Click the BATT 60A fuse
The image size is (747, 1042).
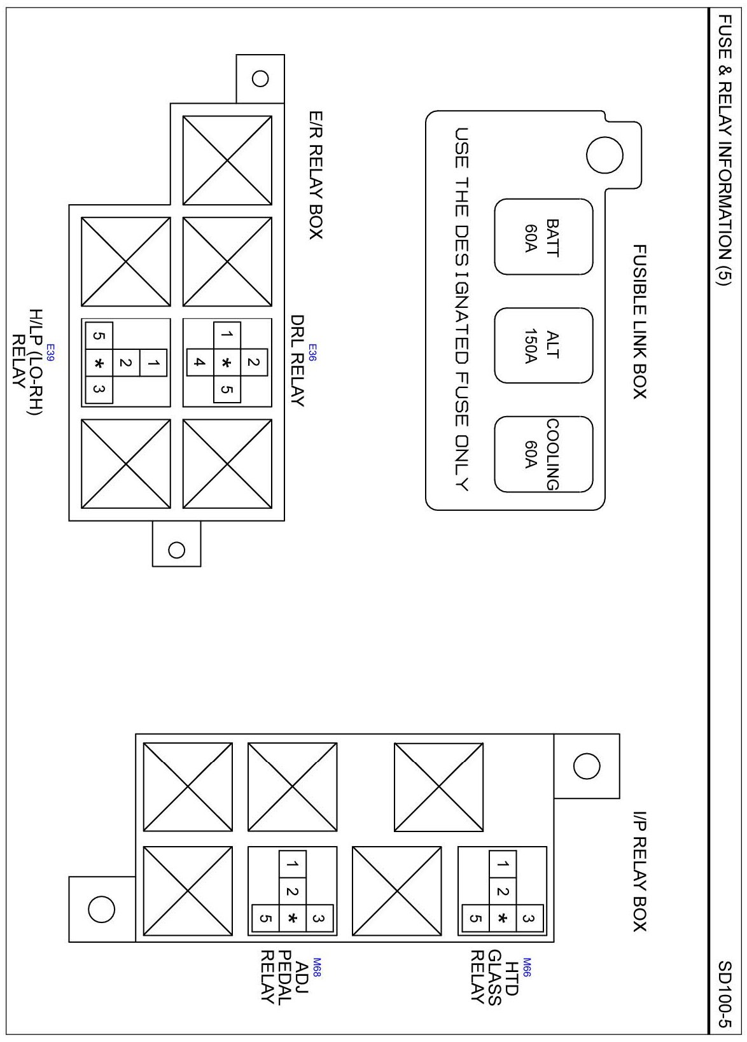pos(543,237)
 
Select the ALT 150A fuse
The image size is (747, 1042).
pos(543,345)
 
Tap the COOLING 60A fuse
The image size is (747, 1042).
pos(543,454)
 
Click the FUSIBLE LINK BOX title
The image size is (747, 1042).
pos(639,321)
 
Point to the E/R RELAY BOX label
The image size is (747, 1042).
pos(316,175)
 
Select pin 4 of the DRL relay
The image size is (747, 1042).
pos(200,363)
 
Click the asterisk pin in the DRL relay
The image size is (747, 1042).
pos(227,363)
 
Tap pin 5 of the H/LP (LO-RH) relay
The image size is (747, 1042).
pos(99,335)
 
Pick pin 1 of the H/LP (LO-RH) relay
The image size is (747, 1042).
pos(153,363)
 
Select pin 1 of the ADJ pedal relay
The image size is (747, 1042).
pos(292,865)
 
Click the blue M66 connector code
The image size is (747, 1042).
pos(527,967)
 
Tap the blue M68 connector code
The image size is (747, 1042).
pos(317,967)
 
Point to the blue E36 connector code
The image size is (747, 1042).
pos(313,352)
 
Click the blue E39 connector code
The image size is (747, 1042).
pos(50,352)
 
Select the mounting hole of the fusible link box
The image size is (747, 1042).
pos(604,155)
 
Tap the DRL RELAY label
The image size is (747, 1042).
pos(297,361)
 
